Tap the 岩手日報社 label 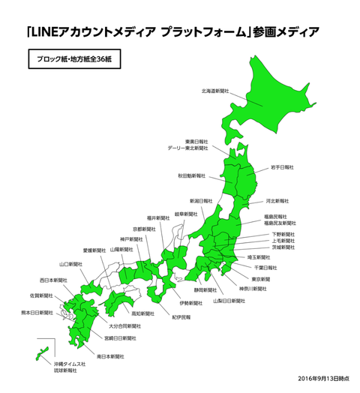click(x=281, y=167)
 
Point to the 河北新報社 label click(x=277, y=201)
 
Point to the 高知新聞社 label click(x=142, y=313)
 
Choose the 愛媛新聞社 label click(x=94, y=250)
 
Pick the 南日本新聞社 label click(x=111, y=356)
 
